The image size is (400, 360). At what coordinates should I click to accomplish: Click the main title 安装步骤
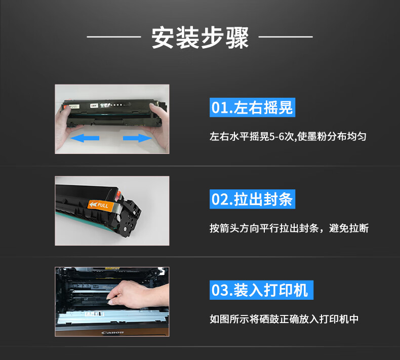200,37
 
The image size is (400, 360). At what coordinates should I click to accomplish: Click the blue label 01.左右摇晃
252,107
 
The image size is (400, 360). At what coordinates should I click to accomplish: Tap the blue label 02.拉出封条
252,199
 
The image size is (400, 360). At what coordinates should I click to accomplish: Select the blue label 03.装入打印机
261,290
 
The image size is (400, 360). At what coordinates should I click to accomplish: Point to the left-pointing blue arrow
85,138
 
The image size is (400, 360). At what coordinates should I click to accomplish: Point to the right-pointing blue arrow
137,138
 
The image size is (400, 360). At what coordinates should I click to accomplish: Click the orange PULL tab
101,205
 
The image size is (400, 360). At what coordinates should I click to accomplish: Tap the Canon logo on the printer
112,333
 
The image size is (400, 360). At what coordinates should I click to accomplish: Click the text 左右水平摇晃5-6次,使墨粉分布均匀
288,137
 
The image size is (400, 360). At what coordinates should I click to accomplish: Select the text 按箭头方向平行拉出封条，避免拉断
289,228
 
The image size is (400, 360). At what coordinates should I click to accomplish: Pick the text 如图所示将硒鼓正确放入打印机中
284,319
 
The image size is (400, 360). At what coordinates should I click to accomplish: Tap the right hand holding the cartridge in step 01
159,125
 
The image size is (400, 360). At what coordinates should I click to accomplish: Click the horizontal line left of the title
114,37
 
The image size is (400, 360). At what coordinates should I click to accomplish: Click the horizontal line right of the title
286,37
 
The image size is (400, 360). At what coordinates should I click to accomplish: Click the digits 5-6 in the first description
277,137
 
